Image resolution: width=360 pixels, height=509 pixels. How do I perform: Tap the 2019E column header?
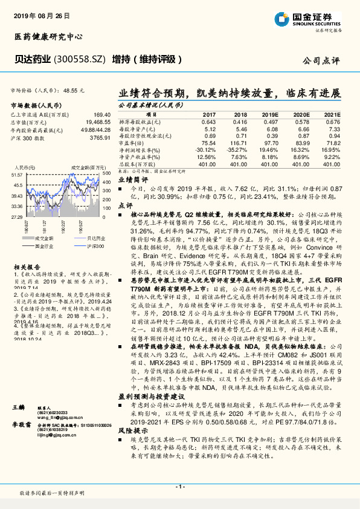click(269, 114)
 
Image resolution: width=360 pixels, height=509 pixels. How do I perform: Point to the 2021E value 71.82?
click(328, 143)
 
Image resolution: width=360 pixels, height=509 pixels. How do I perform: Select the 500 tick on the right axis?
click(105, 173)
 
